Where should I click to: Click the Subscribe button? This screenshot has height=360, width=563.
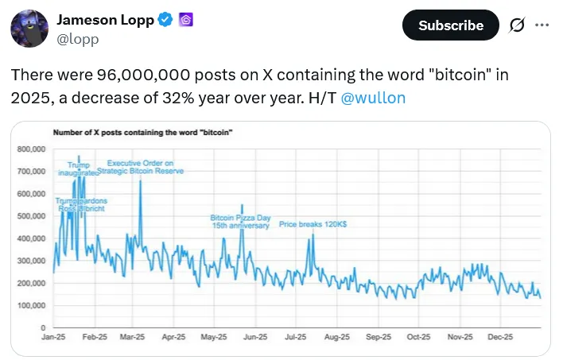pos(451,25)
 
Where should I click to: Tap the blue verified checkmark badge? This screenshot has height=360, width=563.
pos(161,20)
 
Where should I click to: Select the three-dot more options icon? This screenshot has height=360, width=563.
pos(542,25)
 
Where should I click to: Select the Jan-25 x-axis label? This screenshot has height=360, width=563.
pos(53,338)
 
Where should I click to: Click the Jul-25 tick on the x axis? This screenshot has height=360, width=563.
pos(296,338)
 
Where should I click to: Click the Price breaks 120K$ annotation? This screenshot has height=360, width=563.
pos(313,225)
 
